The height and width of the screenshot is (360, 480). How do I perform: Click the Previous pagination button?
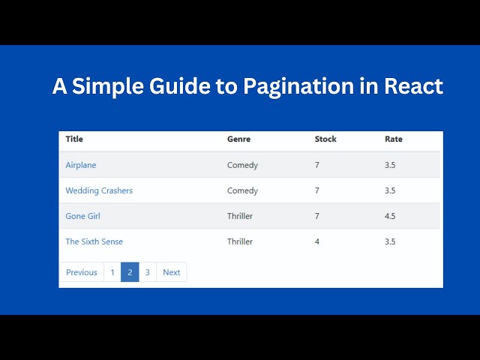pos(82,272)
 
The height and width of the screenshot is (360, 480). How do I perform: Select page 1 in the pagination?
pos(112,272)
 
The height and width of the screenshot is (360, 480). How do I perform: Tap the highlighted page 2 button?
pos(130,272)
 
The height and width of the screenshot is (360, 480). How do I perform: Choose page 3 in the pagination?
pos(147,272)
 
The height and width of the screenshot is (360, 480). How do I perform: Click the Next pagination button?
pos(171,272)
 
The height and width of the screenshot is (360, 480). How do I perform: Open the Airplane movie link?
pos(81,165)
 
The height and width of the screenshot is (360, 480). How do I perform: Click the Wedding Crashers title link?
pos(99,190)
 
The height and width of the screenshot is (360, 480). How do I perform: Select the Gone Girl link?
pos(82,216)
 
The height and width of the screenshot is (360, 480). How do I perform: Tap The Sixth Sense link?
pos(94,241)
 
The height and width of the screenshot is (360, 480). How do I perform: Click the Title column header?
pos(74,139)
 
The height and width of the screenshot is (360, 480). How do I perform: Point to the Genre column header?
pos(238,139)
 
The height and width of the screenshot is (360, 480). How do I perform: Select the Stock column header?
pos(325,139)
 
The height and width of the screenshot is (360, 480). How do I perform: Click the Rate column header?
pos(393,139)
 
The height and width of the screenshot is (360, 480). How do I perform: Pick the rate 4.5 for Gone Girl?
pos(390,216)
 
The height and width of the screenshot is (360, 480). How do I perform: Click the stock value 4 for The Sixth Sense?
pos(317,241)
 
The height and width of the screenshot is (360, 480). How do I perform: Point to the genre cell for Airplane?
pos(242,165)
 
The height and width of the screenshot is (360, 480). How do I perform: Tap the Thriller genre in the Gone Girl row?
pos(240,216)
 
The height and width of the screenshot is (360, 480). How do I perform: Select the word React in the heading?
pos(413,86)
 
